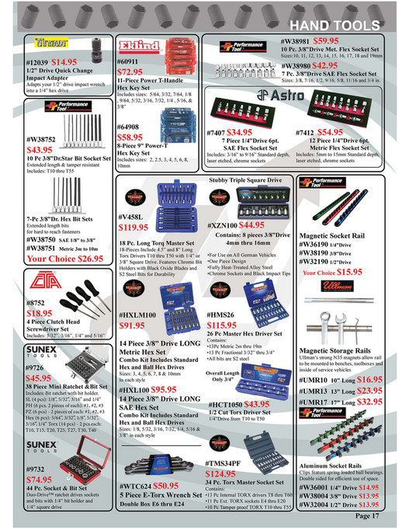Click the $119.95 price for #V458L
click(x=136, y=228)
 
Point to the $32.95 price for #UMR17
click(x=369, y=402)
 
